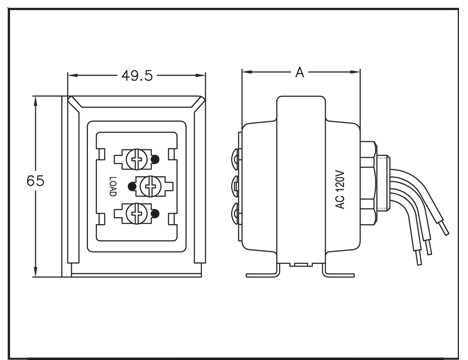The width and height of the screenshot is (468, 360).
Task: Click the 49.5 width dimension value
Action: (137, 76)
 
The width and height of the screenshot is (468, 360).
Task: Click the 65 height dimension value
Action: (35, 181)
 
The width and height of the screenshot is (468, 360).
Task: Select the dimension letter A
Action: (300, 72)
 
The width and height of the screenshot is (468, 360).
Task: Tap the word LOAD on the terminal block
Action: (113, 186)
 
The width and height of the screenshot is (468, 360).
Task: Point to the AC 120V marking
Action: (340, 189)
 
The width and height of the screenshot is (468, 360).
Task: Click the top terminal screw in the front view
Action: (136, 159)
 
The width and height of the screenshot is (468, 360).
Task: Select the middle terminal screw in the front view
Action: (149, 186)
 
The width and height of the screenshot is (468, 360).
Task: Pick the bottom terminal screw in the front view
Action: (136, 213)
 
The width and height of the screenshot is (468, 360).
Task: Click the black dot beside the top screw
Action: (155, 159)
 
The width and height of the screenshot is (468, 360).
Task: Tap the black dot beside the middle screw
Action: (132, 186)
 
